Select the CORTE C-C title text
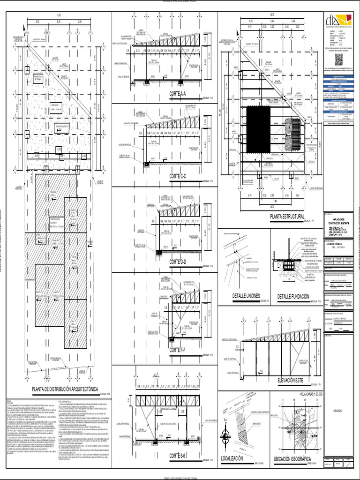click(178, 176)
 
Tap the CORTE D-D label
click(178, 262)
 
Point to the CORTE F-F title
click(178, 350)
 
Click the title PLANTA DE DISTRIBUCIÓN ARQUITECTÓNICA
click(65, 389)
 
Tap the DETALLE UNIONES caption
click(245, 296)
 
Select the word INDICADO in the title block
click(337, 411)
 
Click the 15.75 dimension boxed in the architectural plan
click(59, 149)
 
